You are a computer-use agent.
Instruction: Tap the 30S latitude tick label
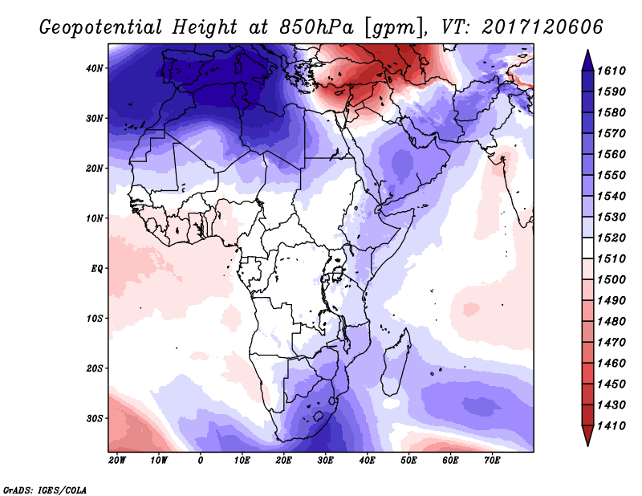pos(95,418)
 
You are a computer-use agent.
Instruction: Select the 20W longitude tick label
pos(117,461)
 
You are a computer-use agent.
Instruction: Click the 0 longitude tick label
pos(201,461)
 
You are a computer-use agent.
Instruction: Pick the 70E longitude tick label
pos(492,461)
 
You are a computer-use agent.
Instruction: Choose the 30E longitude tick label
pos(325,461)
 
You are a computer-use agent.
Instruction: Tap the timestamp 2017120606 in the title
pos(542,26)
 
